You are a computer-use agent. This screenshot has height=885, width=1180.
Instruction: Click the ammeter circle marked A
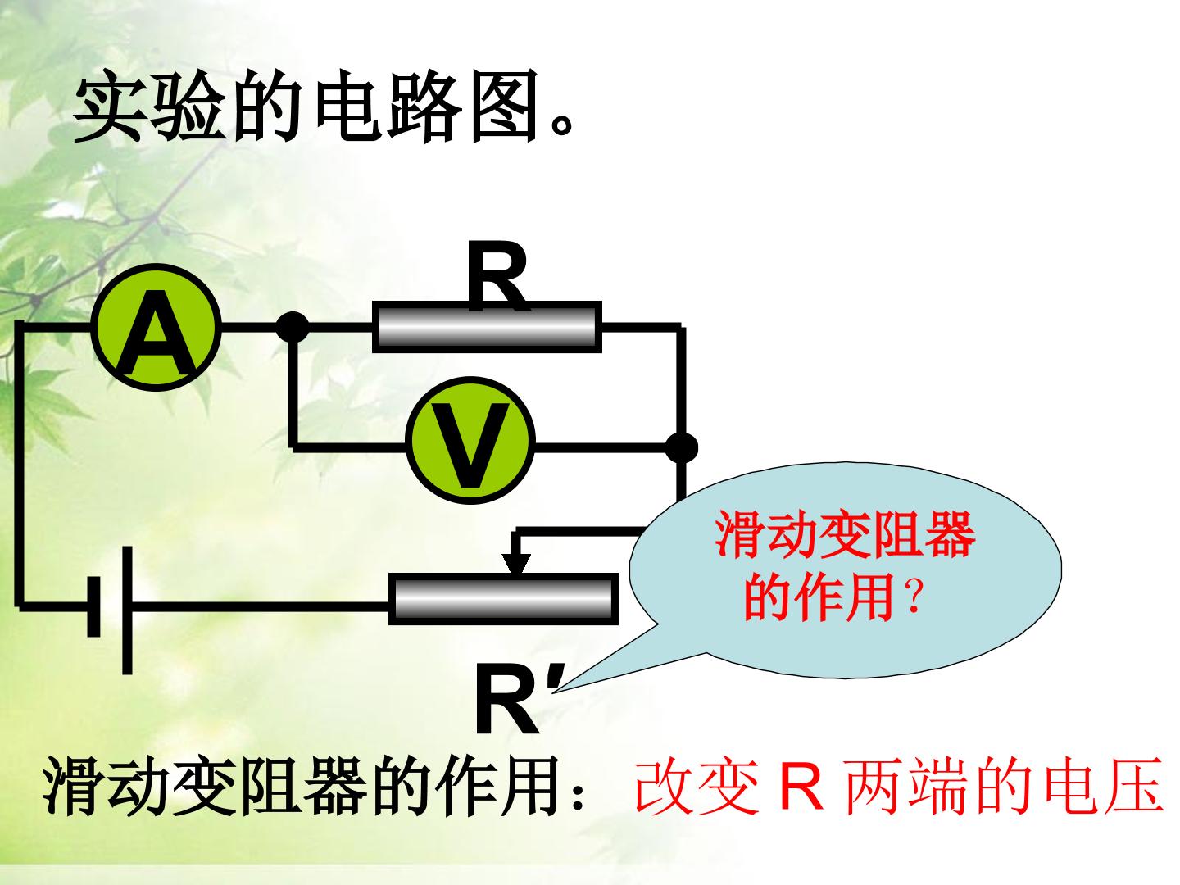click(x=156, y=327)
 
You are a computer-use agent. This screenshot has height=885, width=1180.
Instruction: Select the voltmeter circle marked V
click(x=470, y=440)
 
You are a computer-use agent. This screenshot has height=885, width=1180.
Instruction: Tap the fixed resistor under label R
click(x=487, y=327)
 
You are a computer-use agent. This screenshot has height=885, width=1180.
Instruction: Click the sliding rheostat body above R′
click(x=503, y=598)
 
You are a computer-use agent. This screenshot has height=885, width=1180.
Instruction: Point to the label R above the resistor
click(x=497, y=275)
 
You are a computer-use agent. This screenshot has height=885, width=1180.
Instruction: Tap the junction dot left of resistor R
click(x=292, y=327)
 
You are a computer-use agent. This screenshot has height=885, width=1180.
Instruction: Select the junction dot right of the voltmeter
click(x=681, y=447)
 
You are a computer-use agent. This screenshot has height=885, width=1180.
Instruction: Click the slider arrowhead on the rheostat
click(x=516, y=563)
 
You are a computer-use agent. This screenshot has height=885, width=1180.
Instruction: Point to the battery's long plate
click(x=127, y=610)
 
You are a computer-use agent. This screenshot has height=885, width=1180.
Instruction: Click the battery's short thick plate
click(x=93, y=606)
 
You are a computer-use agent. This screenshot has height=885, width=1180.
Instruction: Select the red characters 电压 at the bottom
click(x=1103, y=786)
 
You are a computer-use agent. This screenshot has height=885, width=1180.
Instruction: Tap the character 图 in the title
click(x=505, y=107)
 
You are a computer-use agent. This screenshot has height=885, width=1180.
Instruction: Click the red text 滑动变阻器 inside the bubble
click(x=845, y=535)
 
